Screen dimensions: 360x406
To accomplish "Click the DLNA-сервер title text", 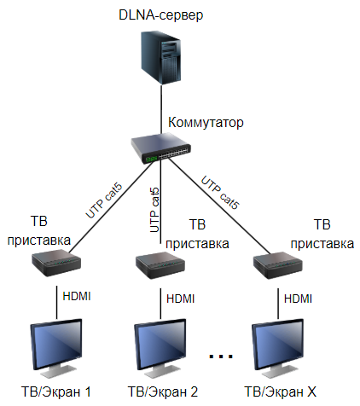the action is coord(160,15).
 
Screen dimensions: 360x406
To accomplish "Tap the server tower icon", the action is coord(161,58).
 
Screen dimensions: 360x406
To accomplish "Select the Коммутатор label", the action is coord(206,123).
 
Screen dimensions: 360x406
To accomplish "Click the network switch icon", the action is coord(161,148).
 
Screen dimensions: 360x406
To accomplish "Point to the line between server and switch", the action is coord(161,109).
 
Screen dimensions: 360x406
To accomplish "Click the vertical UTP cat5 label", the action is coord(154,210).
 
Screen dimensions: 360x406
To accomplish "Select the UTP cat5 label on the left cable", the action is coord(104,200).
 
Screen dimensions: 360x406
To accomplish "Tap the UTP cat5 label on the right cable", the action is coord(220,193).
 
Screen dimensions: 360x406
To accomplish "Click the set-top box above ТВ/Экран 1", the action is coord(56,263).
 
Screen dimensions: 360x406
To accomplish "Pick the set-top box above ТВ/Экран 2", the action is coord(160,265).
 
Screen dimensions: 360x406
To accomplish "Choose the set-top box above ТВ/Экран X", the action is coord(277,265).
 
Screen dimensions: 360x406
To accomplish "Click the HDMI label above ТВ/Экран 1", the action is coord(77,296).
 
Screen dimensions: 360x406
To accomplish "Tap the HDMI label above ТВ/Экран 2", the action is coord(181,299).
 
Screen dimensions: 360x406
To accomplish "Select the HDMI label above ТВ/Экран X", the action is coord(298,299).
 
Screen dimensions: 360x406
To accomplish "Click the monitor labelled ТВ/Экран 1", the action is coord(56,348).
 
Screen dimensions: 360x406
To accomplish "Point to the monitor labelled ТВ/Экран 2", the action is coord(160,348).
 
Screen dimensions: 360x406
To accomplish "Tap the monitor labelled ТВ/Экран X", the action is coord(278,348).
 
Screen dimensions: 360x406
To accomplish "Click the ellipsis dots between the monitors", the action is coord(221,356).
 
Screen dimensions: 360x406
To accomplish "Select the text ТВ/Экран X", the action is coord(280,391).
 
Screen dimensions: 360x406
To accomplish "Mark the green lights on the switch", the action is coord(151,159).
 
